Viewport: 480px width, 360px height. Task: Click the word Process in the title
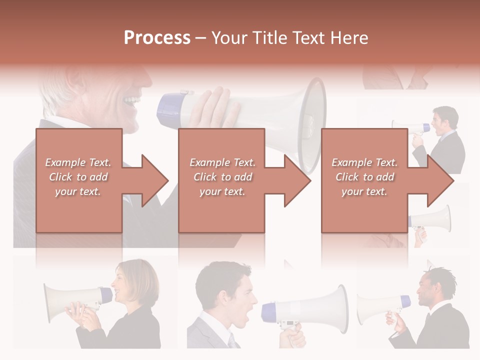[x=157, y=38]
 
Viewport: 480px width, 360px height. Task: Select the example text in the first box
[x=78, y=177]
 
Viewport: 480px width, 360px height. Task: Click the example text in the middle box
[x=222, y=177]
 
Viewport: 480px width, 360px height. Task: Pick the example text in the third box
[x=364, y=177]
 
